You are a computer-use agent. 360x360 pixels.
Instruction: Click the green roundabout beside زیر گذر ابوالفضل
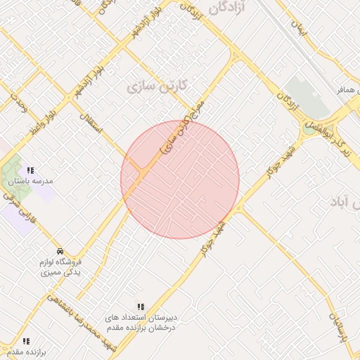click(x=309, y=129)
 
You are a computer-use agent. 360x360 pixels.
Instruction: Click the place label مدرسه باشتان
click(x=31, y=181)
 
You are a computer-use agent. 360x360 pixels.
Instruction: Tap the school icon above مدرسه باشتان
click(x=30, y=170)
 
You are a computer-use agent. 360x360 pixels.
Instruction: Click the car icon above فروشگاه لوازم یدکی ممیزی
click(x=60, y=251)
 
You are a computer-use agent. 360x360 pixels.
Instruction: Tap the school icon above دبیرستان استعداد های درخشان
click(x=141, y=307)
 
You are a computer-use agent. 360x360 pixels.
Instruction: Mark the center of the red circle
click(x=180, y=179)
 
